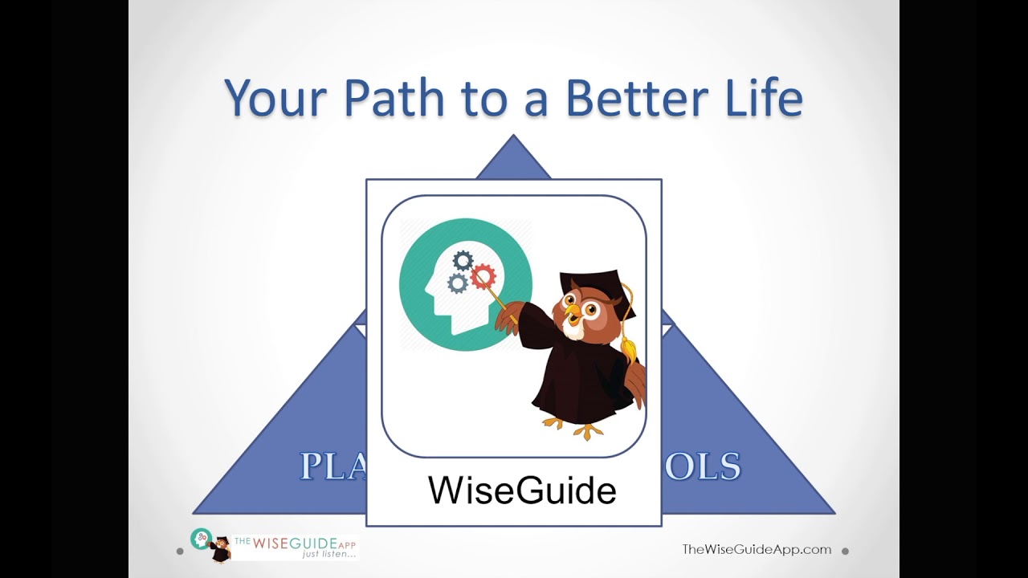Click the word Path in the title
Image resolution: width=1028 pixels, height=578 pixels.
tap(393, 98)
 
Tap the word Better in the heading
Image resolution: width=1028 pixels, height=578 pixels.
tap(632, 98)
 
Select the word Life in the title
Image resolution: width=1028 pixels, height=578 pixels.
tap(757, 98)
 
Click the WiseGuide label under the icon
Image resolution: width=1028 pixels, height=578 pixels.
tap(522, 490)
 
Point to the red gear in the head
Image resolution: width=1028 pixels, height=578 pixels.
tap(483, 278)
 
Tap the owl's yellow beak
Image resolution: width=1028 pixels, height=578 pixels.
tap(572, 311)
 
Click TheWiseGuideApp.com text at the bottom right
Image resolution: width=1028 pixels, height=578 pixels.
tap(756, 549)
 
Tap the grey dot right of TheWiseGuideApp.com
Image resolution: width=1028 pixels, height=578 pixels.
tap(845, 551)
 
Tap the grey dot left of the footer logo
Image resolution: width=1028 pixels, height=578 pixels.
tap(180, 552)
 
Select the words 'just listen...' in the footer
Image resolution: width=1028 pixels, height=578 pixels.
tap(328, 554)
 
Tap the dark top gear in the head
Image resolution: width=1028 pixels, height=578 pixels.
tap(463, 260)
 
